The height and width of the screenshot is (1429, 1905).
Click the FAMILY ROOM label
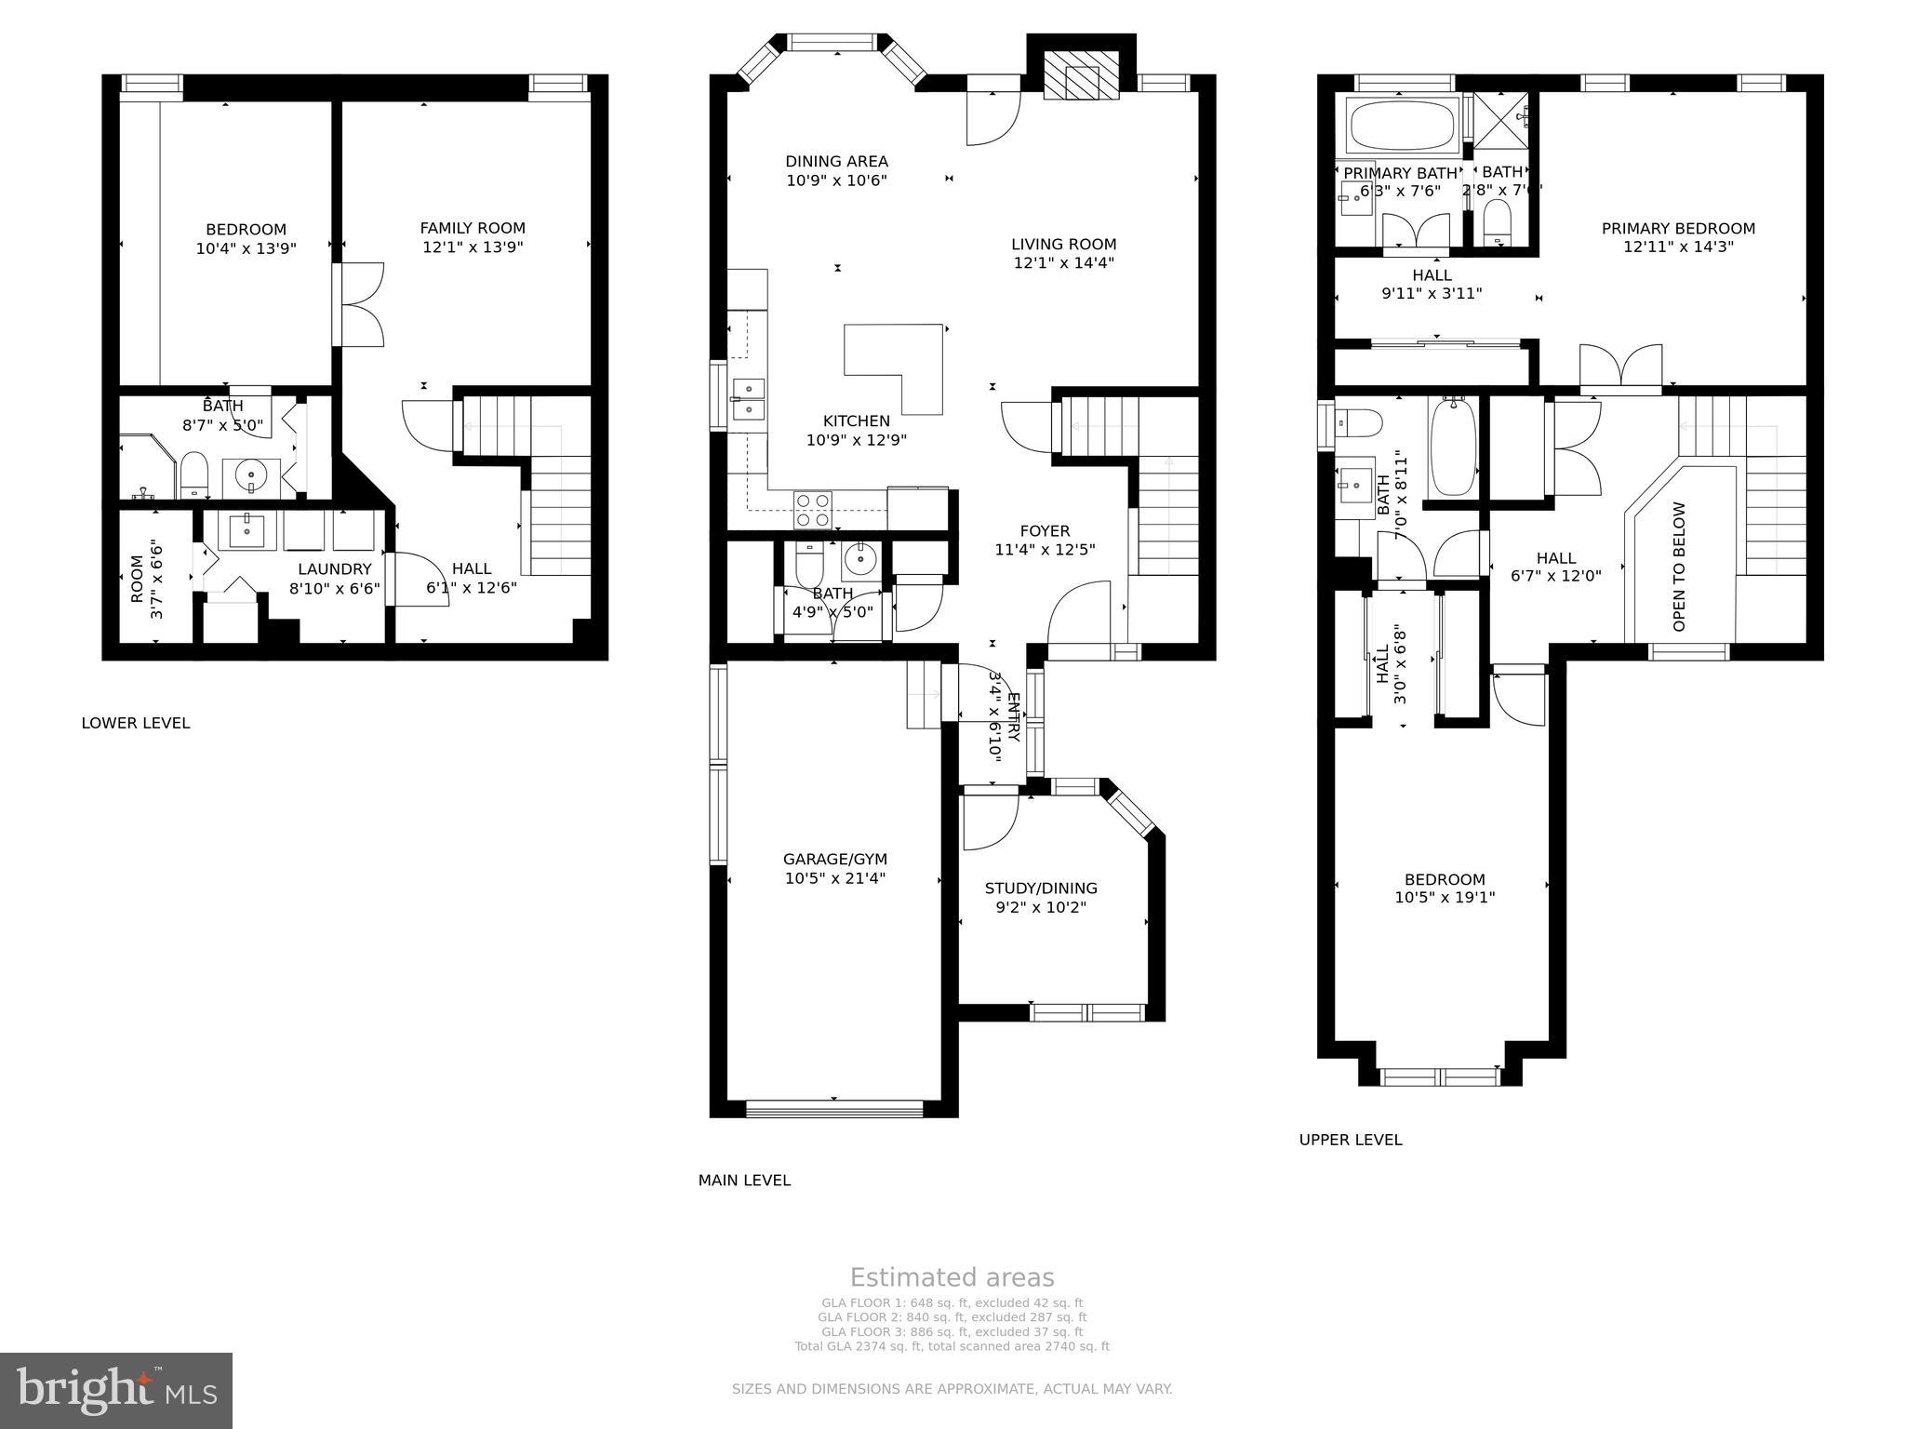(x=473, y=228)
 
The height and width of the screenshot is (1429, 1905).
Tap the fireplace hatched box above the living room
(x=1080, y=74)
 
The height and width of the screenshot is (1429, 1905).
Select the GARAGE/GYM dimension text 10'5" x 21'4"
(x=834, y=878)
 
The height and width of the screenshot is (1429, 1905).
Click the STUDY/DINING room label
(x=1041, y=888)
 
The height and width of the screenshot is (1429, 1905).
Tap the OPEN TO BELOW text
(x=1679, y=567)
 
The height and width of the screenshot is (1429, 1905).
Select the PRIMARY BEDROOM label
(x=1678, y=228)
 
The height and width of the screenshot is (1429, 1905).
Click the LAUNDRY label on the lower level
(x=335, y=569)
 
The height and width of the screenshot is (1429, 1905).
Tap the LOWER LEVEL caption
(x=136, y=723)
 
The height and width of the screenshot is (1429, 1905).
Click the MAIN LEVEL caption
(x=744, y=1181)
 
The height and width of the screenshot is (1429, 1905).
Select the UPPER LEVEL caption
(x=1350, y=1140)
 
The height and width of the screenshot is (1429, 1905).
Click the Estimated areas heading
(x=952, y=1277)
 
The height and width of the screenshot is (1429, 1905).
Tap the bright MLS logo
(x=116, y=1390)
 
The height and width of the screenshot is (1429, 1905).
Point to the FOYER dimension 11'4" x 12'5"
(x=1045, y=550)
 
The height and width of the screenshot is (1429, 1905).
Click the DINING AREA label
(x=836, y=161)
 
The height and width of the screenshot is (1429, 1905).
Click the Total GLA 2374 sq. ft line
(x=952, y=1346)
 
